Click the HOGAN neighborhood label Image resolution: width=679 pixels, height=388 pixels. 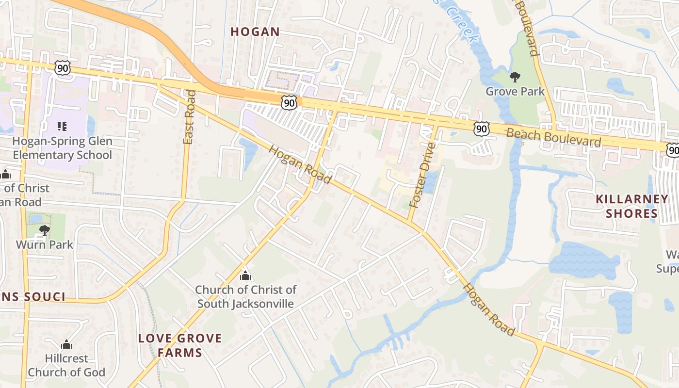[255, 32]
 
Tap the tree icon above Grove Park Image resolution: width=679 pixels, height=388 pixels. [515, 77]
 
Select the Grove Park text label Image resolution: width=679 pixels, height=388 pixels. [515, 91]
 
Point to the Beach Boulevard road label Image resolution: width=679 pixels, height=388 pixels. [554, 137]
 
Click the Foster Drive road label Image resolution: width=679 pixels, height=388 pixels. [422, 176]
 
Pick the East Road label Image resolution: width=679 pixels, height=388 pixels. [189, 117]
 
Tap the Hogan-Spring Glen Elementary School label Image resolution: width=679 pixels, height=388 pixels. [62, 148]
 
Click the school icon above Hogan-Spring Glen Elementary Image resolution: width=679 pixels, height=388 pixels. [62, 127]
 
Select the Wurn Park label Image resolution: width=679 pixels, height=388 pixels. [45, 244]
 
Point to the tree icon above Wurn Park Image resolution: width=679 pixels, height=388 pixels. [45, 230]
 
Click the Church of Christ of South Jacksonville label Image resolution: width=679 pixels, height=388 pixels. [245, 297]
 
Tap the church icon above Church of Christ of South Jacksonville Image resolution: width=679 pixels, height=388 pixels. [245, 276]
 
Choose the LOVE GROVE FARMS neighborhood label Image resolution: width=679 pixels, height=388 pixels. [180, 345]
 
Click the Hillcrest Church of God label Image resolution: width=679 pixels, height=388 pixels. [66, 366]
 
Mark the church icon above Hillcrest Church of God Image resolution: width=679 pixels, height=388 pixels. [66, 345]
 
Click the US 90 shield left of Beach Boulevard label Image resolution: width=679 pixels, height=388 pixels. [481, 129]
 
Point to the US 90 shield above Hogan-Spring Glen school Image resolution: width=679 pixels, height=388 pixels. [63, 68]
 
